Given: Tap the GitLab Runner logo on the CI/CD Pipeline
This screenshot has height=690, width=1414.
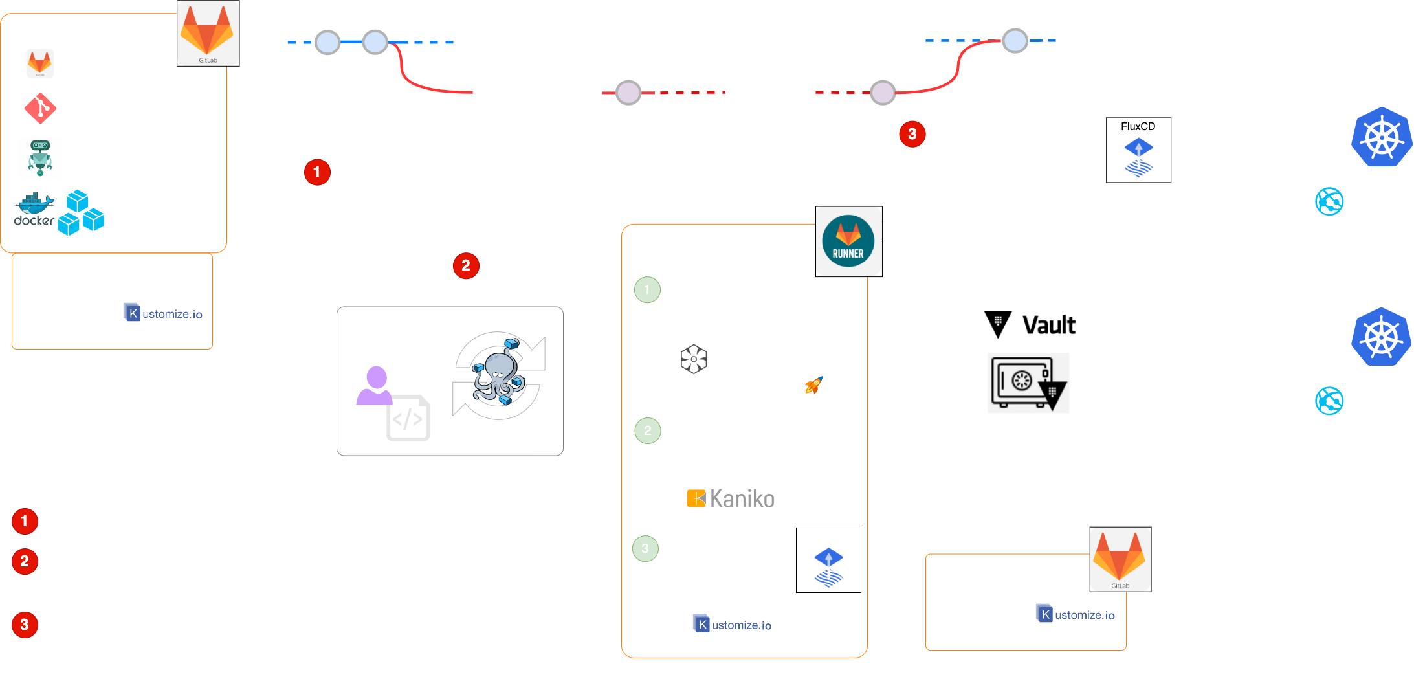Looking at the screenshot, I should (x=848, y=241).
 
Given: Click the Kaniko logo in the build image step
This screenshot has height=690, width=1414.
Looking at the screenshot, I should (x=729, y=498).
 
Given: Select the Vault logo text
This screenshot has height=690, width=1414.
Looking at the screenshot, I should (x=1048, y=324).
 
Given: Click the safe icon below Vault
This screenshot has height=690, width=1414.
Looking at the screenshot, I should (x=1028, y=383).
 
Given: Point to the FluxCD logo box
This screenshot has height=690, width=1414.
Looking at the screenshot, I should (x=1138, y=150).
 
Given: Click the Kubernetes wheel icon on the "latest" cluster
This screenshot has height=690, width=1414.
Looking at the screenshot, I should (x=1382, y=137).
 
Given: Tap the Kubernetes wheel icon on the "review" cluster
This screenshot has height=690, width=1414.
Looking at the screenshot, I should (x=1381, y=337).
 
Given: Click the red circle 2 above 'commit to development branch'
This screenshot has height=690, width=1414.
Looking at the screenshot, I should (x=465, y=265).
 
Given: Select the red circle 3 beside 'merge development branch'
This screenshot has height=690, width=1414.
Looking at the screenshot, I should (x=912, y=134).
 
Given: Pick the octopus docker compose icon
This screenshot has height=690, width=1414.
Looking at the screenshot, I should (x=498, y=376).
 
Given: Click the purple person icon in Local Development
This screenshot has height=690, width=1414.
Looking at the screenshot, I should (x=375, y=386).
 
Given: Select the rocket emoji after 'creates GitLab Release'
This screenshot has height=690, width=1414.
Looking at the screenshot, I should (x=813, y=386).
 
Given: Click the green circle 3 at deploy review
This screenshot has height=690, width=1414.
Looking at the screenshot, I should (x=645, y=548).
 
